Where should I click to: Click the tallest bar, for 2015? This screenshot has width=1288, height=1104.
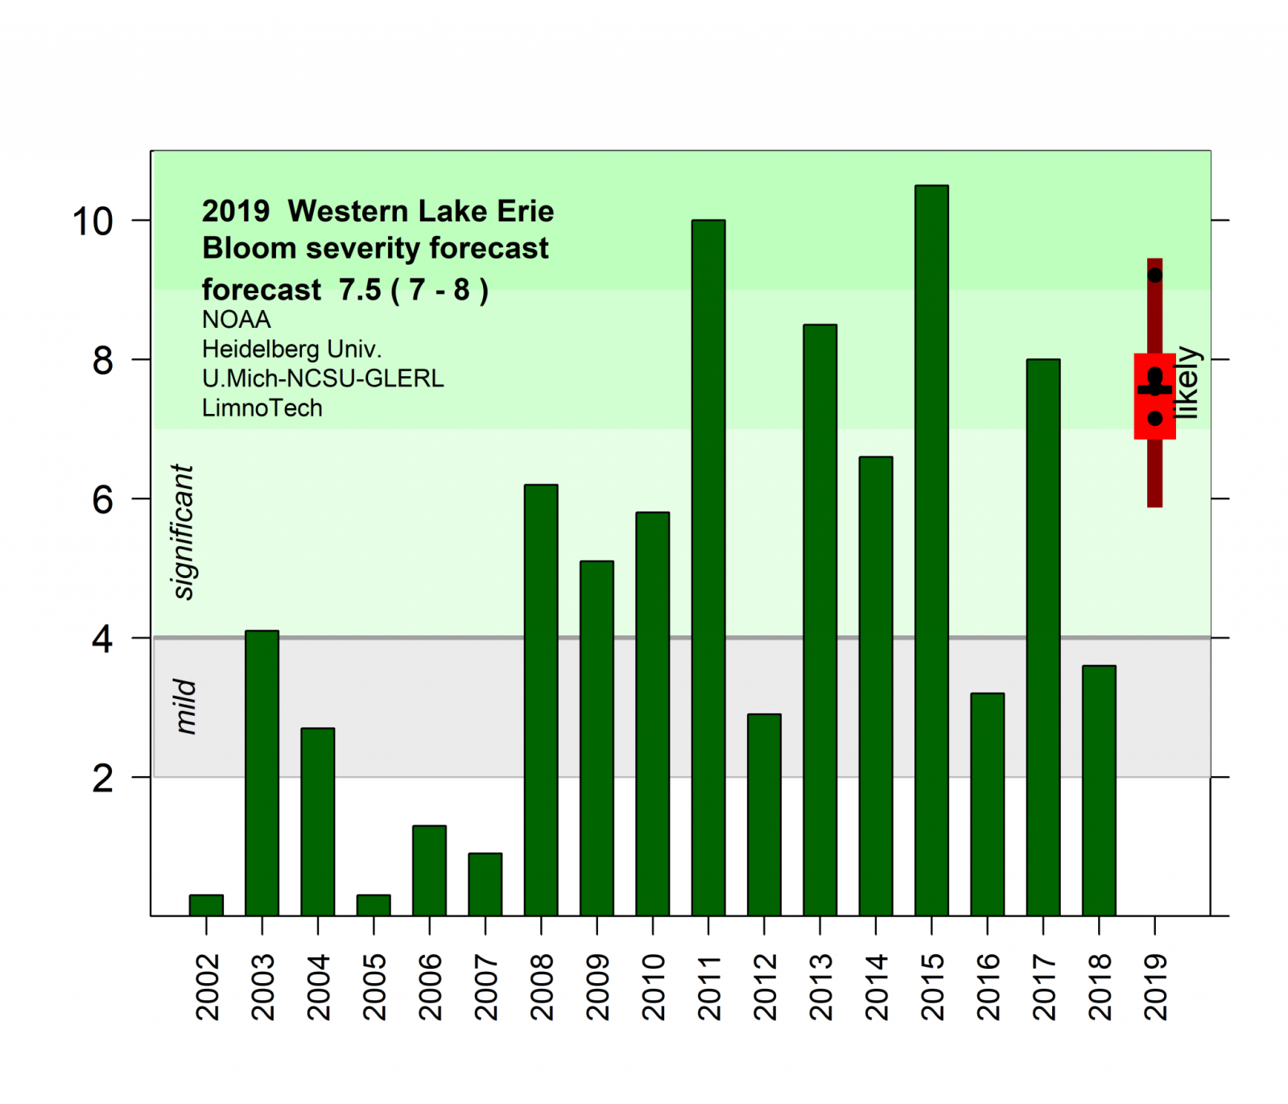931,550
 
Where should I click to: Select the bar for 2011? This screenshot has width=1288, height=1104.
708,568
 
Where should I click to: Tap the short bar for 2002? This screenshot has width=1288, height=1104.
206,905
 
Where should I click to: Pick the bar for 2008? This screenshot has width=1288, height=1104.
541,700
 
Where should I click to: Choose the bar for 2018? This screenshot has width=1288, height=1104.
1099,790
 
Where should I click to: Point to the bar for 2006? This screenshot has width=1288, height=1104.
429,870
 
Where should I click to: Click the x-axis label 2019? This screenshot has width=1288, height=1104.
1155,986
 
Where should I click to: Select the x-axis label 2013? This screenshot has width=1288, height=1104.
820,986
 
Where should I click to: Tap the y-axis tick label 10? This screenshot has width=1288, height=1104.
93,221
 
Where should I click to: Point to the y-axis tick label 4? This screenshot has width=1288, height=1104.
102,639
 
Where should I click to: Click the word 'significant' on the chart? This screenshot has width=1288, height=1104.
184,531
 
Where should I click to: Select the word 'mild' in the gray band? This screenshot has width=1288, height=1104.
185,706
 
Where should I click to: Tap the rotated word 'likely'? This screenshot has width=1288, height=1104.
1187,382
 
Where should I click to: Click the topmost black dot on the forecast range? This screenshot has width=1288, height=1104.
1155,275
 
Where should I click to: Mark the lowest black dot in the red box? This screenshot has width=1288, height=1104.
1155,419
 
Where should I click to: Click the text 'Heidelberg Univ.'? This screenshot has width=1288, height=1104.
291,349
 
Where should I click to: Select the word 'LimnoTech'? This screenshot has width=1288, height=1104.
262,408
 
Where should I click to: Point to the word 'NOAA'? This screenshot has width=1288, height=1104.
236,320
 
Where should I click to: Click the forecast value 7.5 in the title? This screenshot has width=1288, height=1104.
360,289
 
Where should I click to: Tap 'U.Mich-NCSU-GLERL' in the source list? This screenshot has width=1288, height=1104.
323,378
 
